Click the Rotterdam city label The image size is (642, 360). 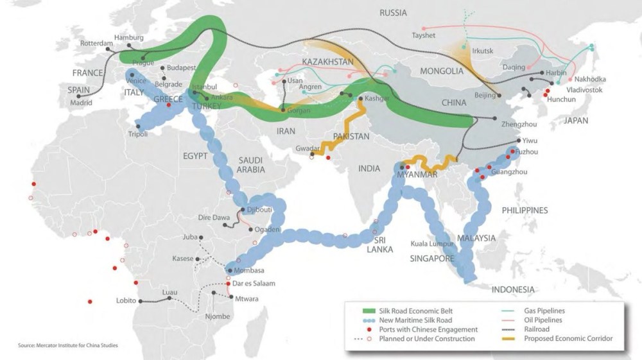(94, 44)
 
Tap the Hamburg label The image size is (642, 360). (127, 37)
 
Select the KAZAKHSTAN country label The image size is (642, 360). (328, 62)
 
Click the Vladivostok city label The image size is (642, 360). (580, 90)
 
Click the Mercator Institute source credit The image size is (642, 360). (68, 346)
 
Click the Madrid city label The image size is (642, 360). (81, 102)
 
